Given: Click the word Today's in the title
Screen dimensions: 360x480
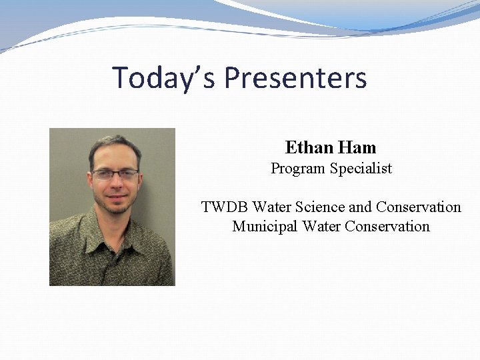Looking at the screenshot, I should pos(164,77).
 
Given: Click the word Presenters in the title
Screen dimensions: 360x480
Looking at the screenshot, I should pos(295,77).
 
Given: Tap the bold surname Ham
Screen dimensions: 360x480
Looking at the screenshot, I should pos(357,147).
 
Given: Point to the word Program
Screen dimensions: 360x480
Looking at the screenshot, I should pos(297,169).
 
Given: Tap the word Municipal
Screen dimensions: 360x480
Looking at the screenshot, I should pos(265,227).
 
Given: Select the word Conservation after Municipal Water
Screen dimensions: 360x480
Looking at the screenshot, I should pos(387,227).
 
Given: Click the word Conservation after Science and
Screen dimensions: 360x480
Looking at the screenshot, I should pos(418,207).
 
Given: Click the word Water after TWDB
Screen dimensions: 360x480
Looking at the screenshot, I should pos(271,207).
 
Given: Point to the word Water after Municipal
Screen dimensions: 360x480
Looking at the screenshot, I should pos(321,227).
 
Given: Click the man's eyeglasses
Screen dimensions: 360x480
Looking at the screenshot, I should pos(115,175).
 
